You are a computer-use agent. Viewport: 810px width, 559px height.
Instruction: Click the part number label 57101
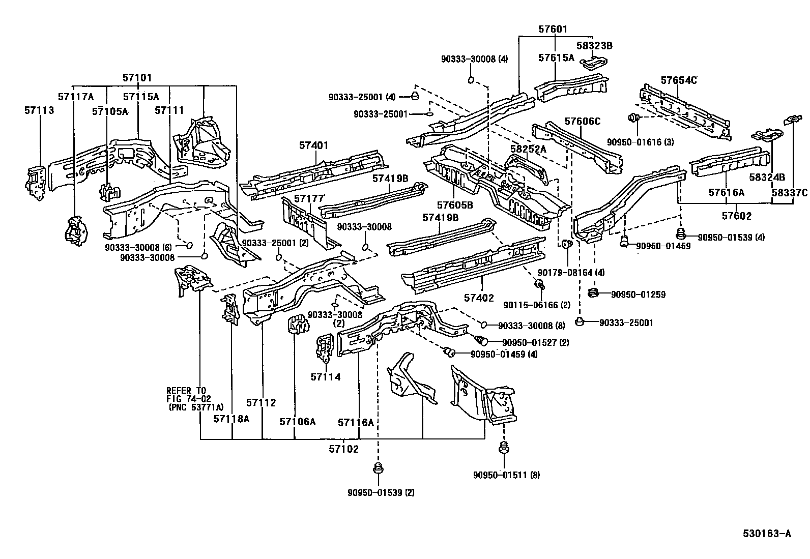click(137, 78)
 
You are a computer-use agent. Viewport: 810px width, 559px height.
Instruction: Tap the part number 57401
click(314, 145)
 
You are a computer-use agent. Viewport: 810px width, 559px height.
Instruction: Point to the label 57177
click(309, 198)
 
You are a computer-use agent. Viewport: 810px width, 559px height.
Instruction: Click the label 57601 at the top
click(553, 30)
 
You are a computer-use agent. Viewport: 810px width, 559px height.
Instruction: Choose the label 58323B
click(594, 46)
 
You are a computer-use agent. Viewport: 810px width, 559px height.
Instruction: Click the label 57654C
click(679, 80)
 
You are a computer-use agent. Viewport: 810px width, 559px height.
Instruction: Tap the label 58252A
click(528, 149)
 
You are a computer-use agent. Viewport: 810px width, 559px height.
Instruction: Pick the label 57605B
click(455, 205)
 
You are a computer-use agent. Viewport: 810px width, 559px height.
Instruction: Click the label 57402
click(479, 298)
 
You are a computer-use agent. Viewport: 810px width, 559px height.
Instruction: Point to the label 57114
click(326, 377)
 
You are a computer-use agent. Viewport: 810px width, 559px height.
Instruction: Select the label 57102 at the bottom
click(343, 449)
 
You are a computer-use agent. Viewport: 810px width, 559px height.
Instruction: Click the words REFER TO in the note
click(186, 391)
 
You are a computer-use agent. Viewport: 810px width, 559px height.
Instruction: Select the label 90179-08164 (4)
click(572, 273)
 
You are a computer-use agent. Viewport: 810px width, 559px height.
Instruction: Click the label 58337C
click(789, 192)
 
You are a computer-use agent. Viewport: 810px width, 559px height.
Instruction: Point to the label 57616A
click(726, 192)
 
